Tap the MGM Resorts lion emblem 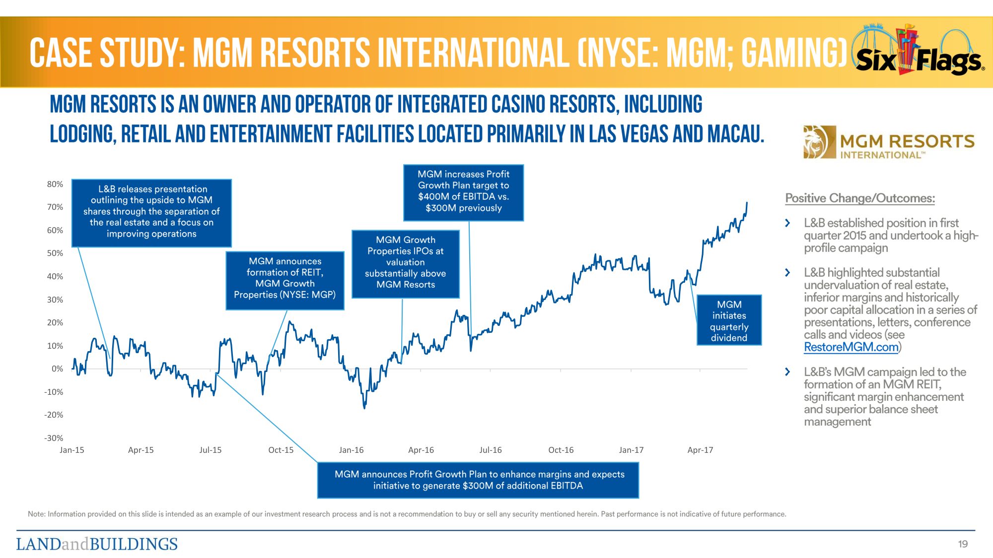pyautogui.click(x=816, y=142)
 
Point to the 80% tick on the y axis pyautogui.click(x=55, y=184)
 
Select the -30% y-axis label pyautogui.click(x=54, y=438)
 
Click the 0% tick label pyautogui.click(x=57, y=369)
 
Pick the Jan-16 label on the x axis pyautogui.click(x=351, y=450)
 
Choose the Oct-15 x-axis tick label pyautogui.click(x=281, y=450)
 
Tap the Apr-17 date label pyautogui.click(x=700, y=450)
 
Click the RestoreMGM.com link pyautogui.click(x=851, y=347)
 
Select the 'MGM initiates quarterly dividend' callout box pyautogui.click(x=729, y=320)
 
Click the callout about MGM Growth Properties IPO pyautogui.click(x=405, y=262)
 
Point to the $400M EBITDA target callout pyautogui.click(x=463, y=191)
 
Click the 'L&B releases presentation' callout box pyautogui.click(x=151, y=212)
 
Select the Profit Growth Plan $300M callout pyautogui.click(x=478, y=480)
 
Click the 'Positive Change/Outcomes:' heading pyautogui.click(x=860, y=198)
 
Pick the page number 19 pyautogui.click(x=963, y=544)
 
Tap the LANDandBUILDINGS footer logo pyautogui.click(x=97, y=544)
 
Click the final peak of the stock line pyautogui.click(x=747, y=203)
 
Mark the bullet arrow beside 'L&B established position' pyautogui.click(x=787, y=223)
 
